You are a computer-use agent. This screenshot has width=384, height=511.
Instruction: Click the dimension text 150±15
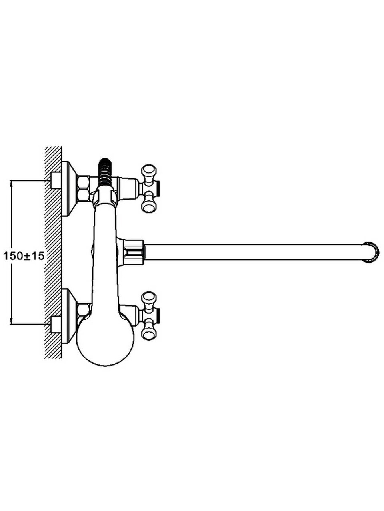coord(24,256)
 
